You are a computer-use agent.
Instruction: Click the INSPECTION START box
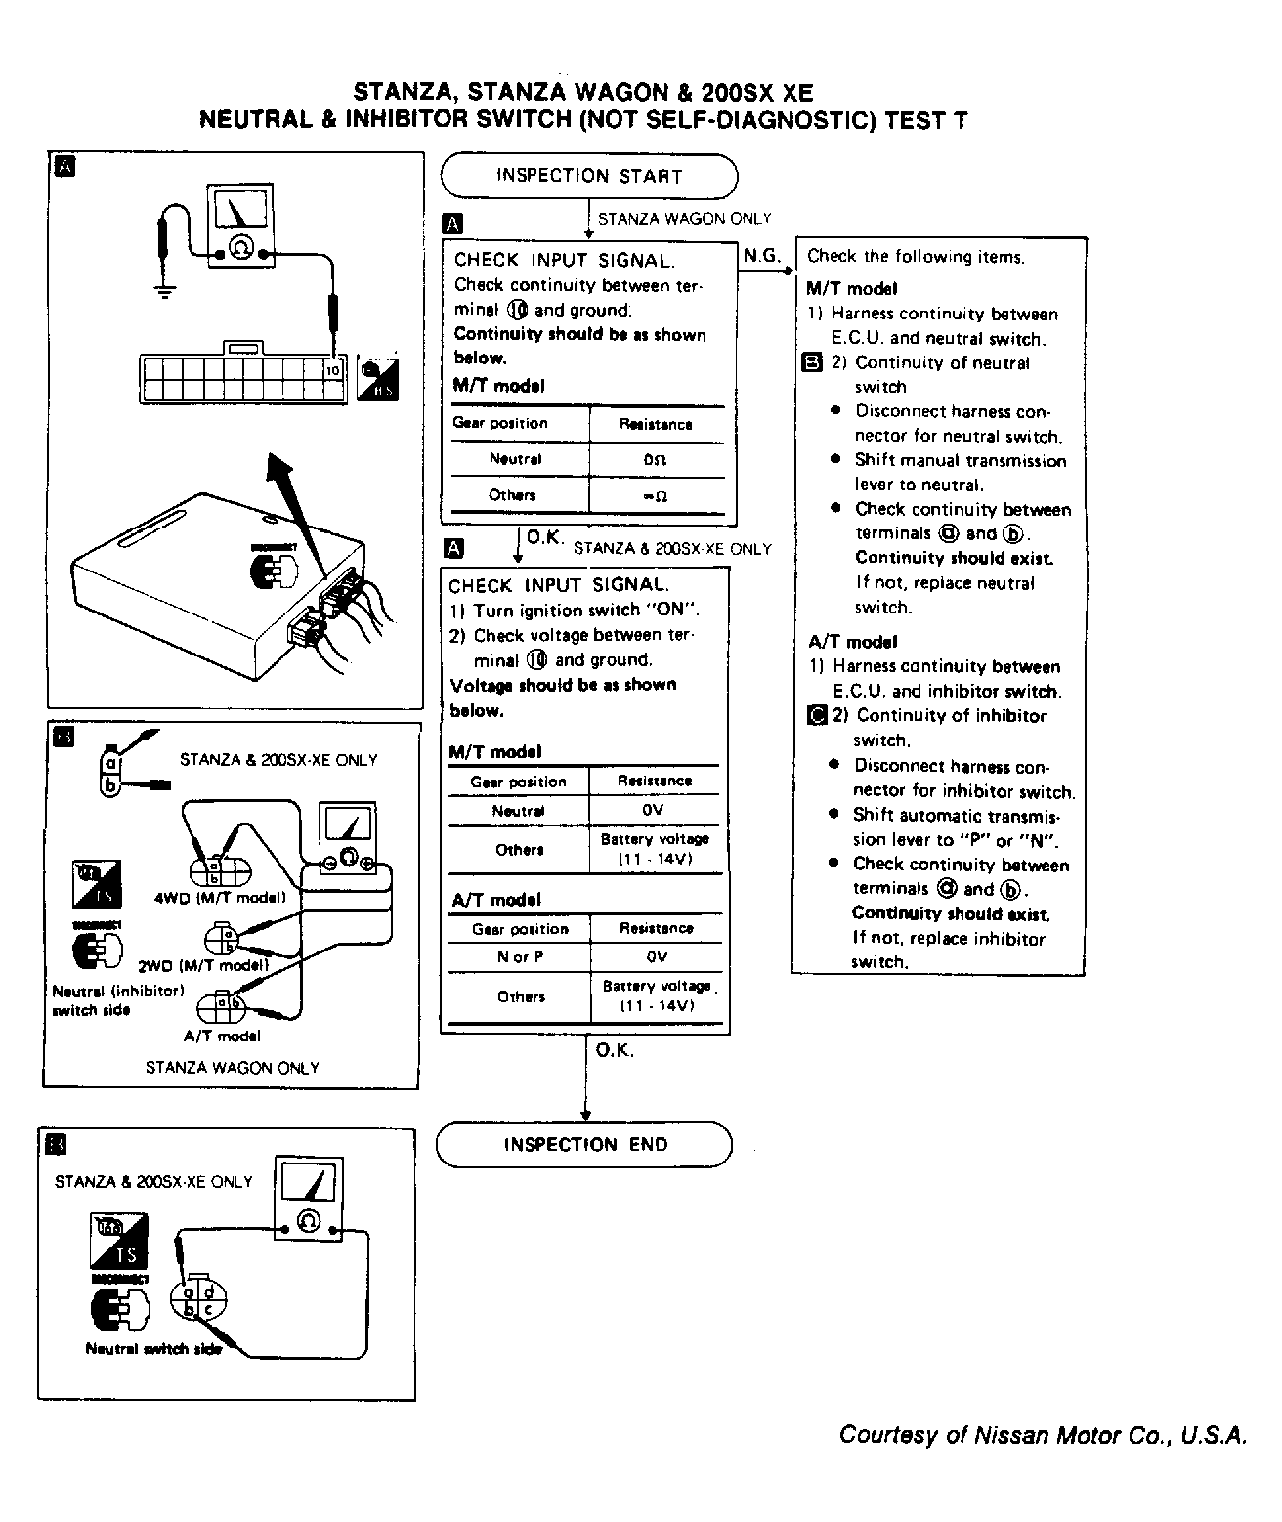pos(588,177)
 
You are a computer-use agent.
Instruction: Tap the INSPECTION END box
pos(584,1145)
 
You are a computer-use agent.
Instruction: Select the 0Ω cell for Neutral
pos(655,459)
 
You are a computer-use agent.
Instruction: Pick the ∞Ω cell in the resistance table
pos(655,496)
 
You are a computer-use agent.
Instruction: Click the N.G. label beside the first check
pos(761,256)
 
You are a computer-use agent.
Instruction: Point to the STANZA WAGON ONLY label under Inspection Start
pos(684,219)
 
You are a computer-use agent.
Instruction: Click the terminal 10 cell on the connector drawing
pos(333,371)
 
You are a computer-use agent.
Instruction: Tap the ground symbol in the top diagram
pos(165,288)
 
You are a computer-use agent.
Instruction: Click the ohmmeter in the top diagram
pos(240,228)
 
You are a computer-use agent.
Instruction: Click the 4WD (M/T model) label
pos(220,898)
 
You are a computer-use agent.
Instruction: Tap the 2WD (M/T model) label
pos(203,966)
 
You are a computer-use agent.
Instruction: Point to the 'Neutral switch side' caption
pos(153,1349)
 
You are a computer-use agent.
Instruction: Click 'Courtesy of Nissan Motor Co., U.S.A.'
pos(1043,1435)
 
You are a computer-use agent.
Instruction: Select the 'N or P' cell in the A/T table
pos(520,957)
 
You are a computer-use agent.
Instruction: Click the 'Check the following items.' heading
pos(916,257)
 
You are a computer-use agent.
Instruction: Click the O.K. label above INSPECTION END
pos(615,1051)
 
